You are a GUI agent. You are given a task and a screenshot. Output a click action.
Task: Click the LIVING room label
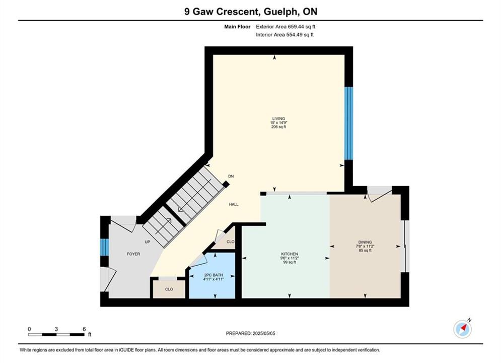pyautogui.click(x=278, y=118)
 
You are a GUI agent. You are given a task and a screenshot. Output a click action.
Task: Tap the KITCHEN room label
pyautogui.click(x=290, y=254)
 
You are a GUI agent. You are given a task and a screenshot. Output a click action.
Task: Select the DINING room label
pyautogui.click(x=365, y=242)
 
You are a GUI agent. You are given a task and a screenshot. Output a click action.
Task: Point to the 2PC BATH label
pyautogui.click(x=213, y=275)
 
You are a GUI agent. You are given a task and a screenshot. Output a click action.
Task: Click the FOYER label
pyautogui.click(x=133, y=254)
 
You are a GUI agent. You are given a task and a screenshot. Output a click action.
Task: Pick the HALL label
pyautogui.click(x=234, y=204)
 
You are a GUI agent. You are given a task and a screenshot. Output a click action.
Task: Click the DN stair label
pyautogui.click(x=231, y=176)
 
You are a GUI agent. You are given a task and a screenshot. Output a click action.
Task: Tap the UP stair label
pyautogui.click(x=148, y=242)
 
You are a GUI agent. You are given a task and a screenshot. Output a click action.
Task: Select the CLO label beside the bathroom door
pyautogui.click(x=231, y=242)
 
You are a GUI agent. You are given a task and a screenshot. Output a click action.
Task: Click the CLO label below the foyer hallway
pyautogui.click(x=169, y=289)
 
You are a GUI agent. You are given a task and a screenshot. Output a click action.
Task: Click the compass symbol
pyautogui.click(x=462, y=328)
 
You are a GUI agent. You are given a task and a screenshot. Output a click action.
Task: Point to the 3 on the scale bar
pyautogui.click(x=56, y=329)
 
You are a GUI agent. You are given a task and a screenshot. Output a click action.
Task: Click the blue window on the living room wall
pyautogui.click(x=348, y=123)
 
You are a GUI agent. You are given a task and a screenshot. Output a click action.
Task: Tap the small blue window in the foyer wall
pyautogui.click(x=105, y=247)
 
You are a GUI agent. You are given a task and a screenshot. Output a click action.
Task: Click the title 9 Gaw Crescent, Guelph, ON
pyautogui.click(x=251, y=12)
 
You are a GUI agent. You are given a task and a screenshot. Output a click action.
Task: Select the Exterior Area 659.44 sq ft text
pyautogui.click(x=285, y=27)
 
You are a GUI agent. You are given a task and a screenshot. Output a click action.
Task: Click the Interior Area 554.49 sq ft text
pyautogui.click(x=284, y=35)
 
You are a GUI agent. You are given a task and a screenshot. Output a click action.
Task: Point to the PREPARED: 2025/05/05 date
pyautogui.click(x=251, y=333)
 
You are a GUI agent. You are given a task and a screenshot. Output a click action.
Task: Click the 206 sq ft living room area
pyautogui.click(x=278, y=127)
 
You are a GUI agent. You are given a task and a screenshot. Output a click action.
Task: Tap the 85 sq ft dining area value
pyautogui.click(x=365, y=251)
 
